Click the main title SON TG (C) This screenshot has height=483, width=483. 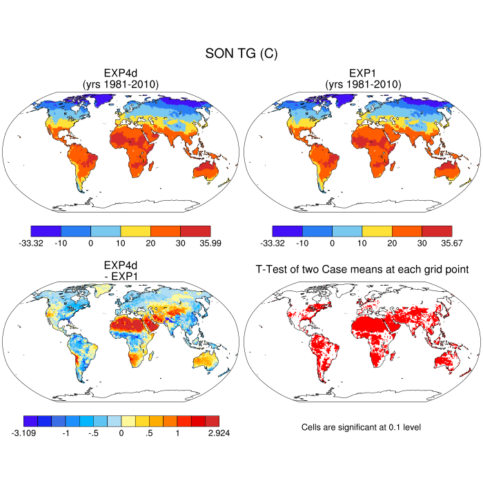[x=241, y=54]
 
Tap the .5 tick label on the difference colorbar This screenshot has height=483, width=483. [x=150, y=433]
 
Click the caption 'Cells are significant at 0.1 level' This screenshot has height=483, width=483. [x=361, y=427]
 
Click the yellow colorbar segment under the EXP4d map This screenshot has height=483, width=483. [x=135, y=230]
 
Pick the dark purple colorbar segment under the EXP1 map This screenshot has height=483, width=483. [x=287, y=230]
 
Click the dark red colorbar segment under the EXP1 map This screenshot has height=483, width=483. [x=437, y=230]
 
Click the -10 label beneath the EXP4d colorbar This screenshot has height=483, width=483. [x=61, y=243]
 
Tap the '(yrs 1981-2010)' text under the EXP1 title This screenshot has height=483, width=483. [x=362, y=84]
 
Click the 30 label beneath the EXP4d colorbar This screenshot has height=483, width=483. [x=180, y=243]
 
